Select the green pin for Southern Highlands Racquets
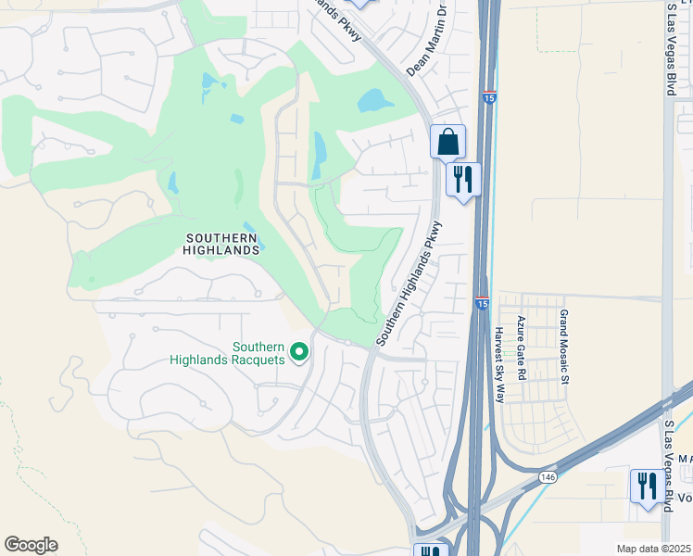299,352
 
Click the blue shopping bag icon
447,143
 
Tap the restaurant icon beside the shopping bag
463,179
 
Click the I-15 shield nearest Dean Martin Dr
488,95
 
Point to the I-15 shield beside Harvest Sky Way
482,302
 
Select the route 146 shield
548,476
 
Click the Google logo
31,545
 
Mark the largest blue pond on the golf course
374,99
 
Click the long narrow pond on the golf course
320,155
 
